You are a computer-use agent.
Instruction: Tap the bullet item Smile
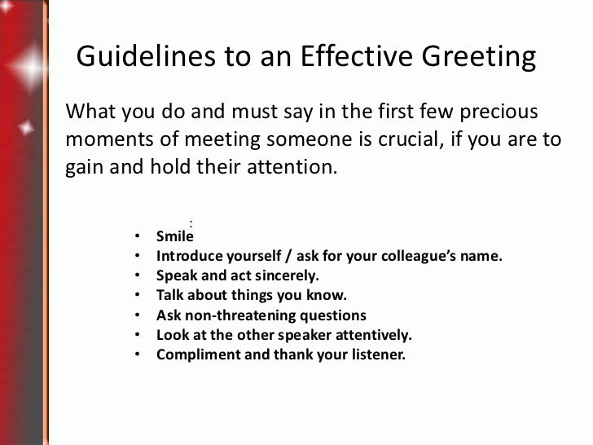click(175, 237)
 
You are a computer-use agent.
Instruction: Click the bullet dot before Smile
click(138, 237)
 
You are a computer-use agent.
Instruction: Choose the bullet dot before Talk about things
click(138, 296)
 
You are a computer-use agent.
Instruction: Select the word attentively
click(371, 335)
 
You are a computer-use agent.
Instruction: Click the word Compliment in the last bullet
click(194, 355)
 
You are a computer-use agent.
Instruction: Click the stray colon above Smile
click(190, 222)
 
